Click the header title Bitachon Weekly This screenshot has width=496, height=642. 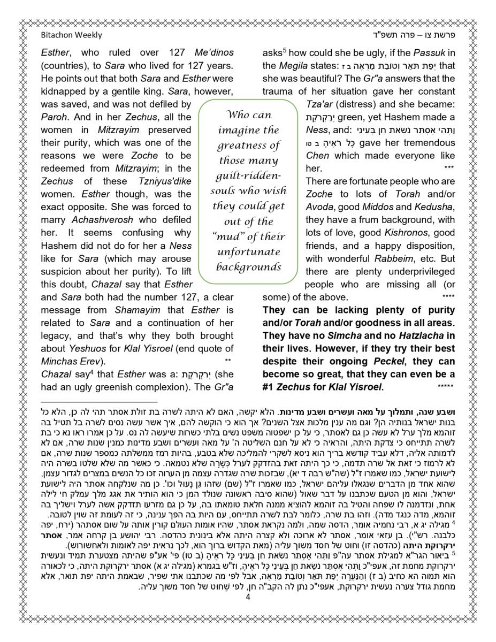(x=71, y=35)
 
